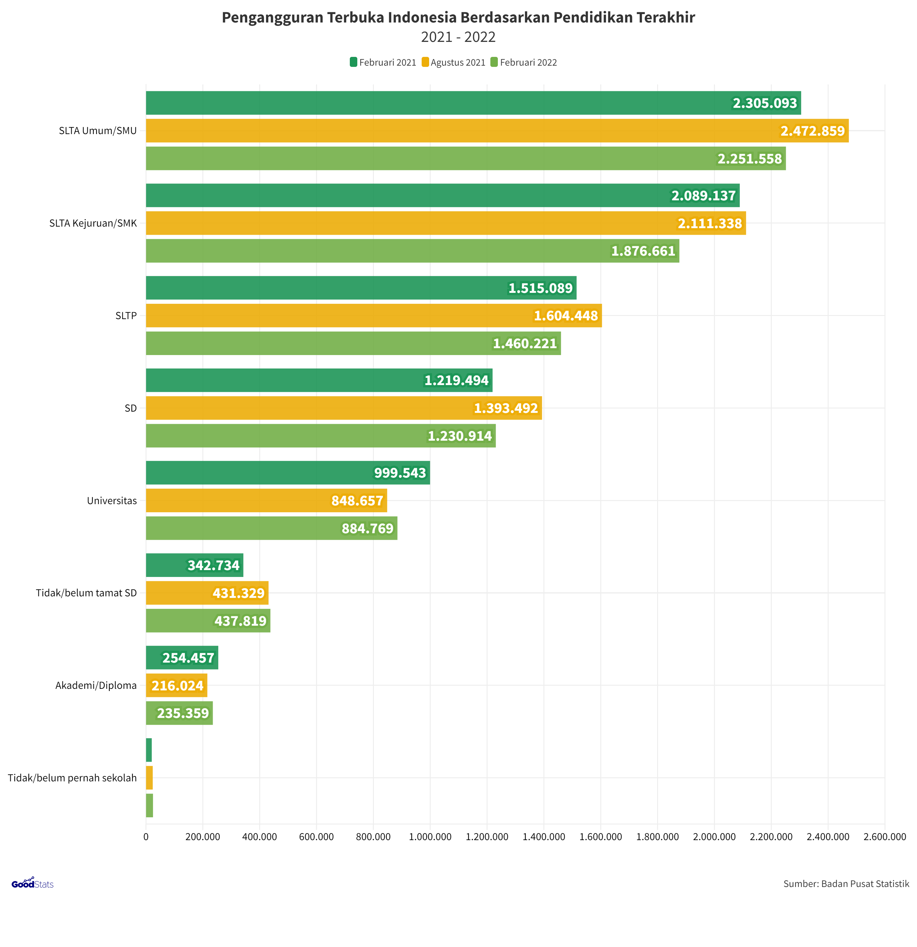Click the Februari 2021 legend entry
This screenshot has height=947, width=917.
coord(383,62)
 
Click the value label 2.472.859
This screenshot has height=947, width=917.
coord(812,131)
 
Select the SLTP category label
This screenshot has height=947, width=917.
coord(126,315)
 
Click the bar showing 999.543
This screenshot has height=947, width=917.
coord(288,473)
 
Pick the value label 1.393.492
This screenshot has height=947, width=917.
coord(506,408)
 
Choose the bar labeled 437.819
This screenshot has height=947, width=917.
coord(208,621)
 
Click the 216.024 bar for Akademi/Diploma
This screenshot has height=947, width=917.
coord(176,686)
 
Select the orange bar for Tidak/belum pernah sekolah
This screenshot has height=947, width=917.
coord(149,778)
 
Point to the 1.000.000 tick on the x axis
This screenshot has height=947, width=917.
coord(430,837)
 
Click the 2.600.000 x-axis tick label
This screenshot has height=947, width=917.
coord(884,837)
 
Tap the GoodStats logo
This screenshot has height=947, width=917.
coord(32,883)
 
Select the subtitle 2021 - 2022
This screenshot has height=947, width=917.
coord(458,37)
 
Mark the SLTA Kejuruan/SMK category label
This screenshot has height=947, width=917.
coord(93,223)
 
